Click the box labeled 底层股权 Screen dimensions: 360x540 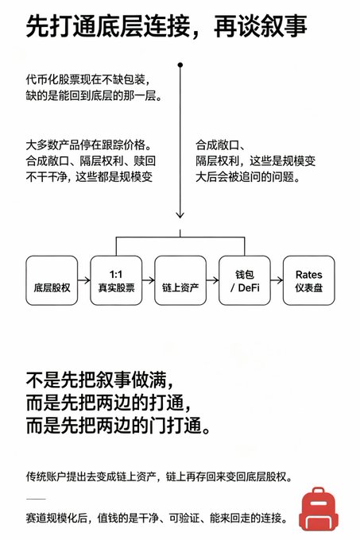52,280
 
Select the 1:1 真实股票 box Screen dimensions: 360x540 116,280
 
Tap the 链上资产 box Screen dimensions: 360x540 180,280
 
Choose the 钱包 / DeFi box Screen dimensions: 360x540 245,280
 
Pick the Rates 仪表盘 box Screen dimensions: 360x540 308,280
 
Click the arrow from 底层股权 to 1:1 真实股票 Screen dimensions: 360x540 84,280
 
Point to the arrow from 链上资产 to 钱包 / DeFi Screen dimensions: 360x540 212,280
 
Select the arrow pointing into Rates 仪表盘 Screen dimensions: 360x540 277,280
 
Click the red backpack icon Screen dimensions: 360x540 319,509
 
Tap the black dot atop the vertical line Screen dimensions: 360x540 180,65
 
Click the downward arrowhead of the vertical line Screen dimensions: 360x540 180,215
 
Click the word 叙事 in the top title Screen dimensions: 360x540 283,26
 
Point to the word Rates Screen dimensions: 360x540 308,275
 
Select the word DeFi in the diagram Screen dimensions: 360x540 249,287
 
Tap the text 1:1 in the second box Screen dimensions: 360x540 116,275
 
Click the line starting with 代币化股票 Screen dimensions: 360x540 88,80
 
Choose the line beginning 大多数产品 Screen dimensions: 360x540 89,145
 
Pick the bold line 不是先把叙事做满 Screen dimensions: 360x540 99,380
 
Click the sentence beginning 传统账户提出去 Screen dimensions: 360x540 160,476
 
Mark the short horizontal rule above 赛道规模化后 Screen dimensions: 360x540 36,499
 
